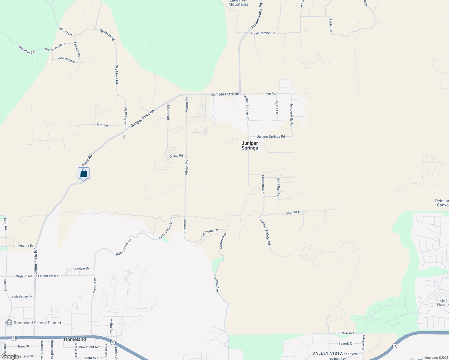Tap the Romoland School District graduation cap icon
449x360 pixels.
click(9, 323)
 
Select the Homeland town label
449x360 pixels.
click(75, 339)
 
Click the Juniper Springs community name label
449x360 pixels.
click(250, 145)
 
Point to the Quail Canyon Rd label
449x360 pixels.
click(263, 33)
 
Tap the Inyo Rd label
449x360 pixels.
click(270, 94)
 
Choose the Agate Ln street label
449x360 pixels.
click(277, 107)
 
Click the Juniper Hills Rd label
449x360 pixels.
click(291, 115)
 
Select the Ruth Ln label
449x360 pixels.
click(102, 125)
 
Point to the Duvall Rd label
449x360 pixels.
click(176, 156)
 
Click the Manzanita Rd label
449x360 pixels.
click(263, 185)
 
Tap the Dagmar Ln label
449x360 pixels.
click(294, 212)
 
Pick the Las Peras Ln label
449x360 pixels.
click(210, 233)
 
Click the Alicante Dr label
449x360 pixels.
click(26, 246)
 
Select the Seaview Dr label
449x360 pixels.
click(81, 268)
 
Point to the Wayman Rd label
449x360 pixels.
click(26, 50)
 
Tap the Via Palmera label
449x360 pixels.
click(66, 60)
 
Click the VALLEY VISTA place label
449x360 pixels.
click(327, 353)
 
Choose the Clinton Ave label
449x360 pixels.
click(346, 333)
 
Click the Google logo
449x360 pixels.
click(10, 356)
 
